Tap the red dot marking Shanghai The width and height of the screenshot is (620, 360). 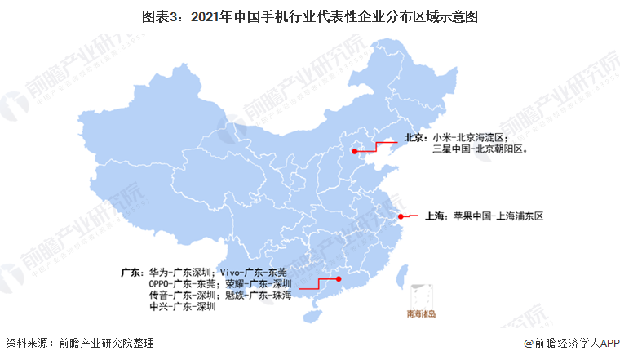coord(401,216)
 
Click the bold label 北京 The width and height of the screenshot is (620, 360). coord(416,138)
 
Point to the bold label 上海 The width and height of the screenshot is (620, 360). coord(434,216)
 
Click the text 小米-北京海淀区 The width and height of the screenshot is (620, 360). coord(471,138)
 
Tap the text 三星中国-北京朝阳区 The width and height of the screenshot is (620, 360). coord(481,149)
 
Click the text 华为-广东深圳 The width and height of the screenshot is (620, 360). coord(180,271)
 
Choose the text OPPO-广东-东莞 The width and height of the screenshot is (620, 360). coord(179,283)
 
